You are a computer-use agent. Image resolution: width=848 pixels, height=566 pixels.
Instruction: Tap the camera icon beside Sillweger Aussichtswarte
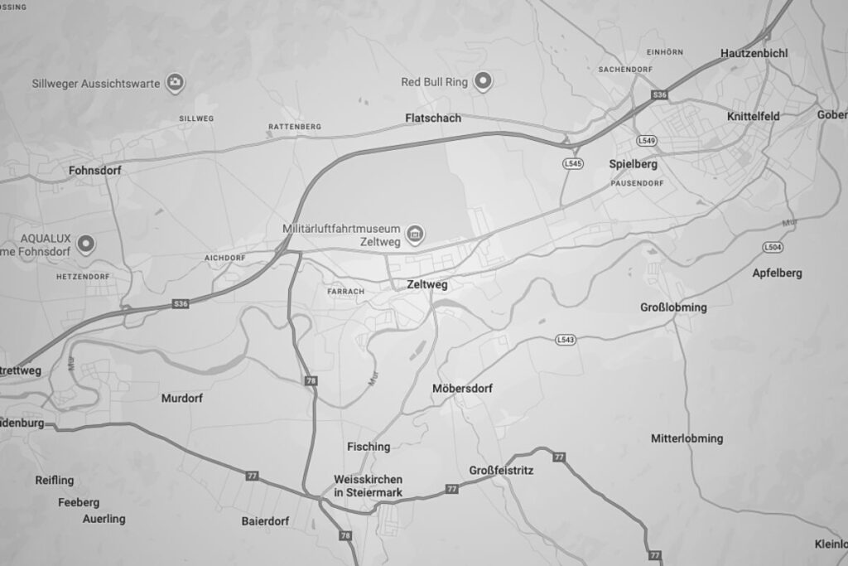coord(176,82)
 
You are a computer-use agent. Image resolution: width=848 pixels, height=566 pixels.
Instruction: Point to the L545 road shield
coord(572,163)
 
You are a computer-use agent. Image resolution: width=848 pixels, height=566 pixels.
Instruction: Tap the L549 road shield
coord(648,141)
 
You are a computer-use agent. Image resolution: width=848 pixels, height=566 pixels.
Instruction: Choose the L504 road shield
coord(773,247)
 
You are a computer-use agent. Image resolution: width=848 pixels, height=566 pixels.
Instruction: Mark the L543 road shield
coord(566,340)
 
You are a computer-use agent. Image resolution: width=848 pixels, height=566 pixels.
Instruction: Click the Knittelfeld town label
coord(753,117)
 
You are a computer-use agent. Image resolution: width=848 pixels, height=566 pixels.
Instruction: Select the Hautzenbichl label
coord(754,53)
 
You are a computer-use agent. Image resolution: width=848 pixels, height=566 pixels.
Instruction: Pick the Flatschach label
coord(433,119)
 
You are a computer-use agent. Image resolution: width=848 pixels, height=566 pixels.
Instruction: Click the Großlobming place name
coord(673,307)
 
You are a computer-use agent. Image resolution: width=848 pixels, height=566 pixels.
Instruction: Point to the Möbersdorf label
coord(463,388)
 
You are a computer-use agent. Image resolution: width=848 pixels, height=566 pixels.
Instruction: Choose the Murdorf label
coord(181,398)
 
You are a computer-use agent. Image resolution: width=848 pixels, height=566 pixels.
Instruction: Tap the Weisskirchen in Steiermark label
coord(368,486)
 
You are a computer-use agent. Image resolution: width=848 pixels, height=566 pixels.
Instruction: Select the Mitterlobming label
coord(687,438)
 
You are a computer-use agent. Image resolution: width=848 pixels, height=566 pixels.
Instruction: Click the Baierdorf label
coord(265,521)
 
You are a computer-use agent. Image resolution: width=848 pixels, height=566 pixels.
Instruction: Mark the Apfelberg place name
coord(777,273)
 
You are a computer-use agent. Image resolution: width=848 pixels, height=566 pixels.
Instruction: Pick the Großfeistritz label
coord(501,471)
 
